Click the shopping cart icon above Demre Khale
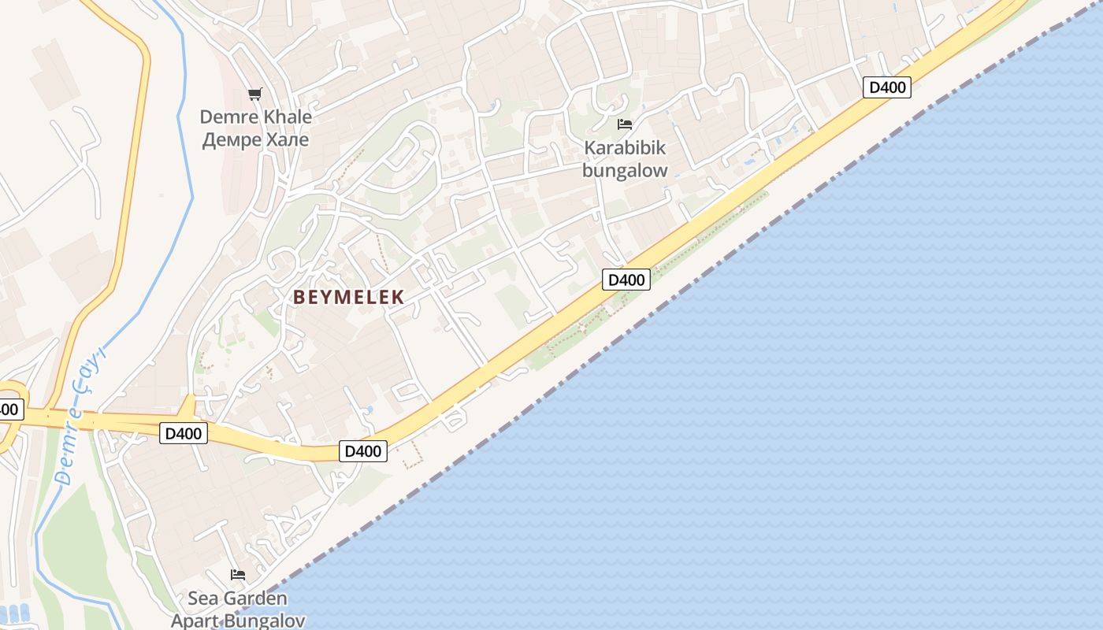pyautogui.click(x=254, y=94)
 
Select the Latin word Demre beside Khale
pyautogui.click(x=228, y=117)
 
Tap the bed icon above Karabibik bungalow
pyautogui.click(x=625, y=124)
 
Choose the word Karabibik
pyautogui.click(x=625, y=148)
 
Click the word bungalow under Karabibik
pyautogui.click(x=625, y=170)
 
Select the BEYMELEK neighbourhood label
pyautogui.click(x=348, y=297)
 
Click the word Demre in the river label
pyautogui.click(x=69, y=447)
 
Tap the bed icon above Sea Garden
pyautogui.click(x=237, y=575)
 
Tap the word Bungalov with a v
pyautogui.click(x=265, y=620)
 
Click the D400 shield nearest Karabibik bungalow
pyautogui.click(x=626, y=280)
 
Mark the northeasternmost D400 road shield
pyautogui.click(x=887, y=87)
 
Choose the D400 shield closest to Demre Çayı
pyautogui.click(x=184, y=432)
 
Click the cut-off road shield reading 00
pyautogui.click(x=9, y=409)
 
